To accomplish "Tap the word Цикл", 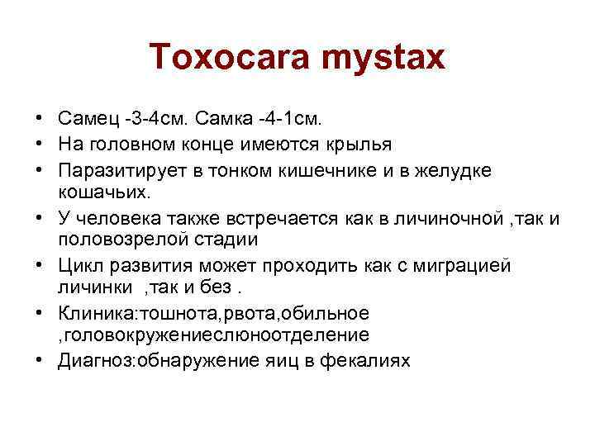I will point(79,266).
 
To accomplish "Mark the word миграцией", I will point(465,266).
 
